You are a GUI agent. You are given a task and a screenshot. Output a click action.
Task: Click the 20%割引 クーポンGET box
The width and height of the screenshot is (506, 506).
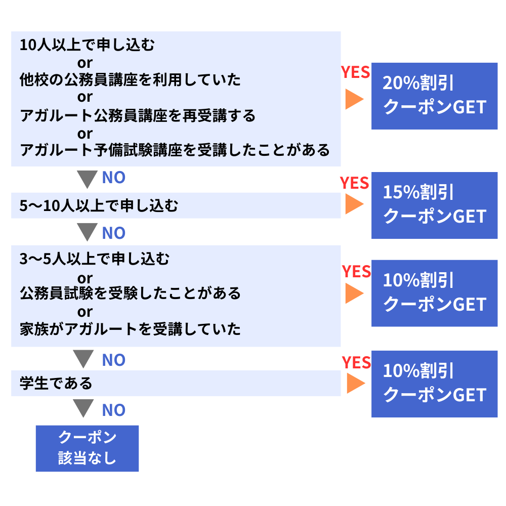tap(434, 96)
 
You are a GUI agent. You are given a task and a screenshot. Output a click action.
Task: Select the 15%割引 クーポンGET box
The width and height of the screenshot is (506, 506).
tap(434, 205)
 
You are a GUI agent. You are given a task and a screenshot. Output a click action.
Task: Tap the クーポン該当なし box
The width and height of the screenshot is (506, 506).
tap(87, 448)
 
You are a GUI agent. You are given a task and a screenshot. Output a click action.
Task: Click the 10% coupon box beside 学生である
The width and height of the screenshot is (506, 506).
tap(434, 384)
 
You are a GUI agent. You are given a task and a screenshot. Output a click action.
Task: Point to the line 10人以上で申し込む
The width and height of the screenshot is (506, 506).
tap(87, 46)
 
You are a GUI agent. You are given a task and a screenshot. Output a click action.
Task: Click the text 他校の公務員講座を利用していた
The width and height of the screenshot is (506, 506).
tap(131, 80)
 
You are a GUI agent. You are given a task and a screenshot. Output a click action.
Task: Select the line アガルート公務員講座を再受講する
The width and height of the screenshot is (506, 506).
tap(138, 116)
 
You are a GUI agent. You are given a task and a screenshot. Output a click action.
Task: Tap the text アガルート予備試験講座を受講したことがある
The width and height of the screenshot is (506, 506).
tap(175, 150)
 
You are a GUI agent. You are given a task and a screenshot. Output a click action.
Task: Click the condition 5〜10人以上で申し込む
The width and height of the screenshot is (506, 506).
tap(99, 206)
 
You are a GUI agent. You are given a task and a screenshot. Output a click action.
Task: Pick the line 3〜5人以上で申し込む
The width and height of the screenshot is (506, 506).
tap(95, 260)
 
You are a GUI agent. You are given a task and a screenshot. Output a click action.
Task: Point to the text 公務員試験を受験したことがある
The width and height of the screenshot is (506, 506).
tap(131, 293)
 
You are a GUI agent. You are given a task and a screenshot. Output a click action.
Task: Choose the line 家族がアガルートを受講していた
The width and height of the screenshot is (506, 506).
tap(131, 329)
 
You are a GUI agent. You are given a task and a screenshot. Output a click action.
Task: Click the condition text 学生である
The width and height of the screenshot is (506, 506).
tap(56, 383)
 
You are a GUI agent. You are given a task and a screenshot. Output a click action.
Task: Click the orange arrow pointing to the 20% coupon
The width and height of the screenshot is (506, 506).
tap(354, 99)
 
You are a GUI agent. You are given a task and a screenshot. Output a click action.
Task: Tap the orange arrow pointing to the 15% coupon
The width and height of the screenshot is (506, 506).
tap(354, 204)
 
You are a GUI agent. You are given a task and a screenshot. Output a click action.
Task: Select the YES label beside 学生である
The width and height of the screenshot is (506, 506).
tap(356, 362)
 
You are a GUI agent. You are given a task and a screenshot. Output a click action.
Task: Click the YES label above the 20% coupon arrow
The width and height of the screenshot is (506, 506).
tap(355, 72)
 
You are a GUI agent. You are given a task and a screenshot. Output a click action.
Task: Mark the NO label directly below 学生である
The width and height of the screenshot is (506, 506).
tap(113, 410)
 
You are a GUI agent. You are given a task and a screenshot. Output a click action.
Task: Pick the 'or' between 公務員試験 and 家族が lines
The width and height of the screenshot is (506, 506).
tap(85, 312)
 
